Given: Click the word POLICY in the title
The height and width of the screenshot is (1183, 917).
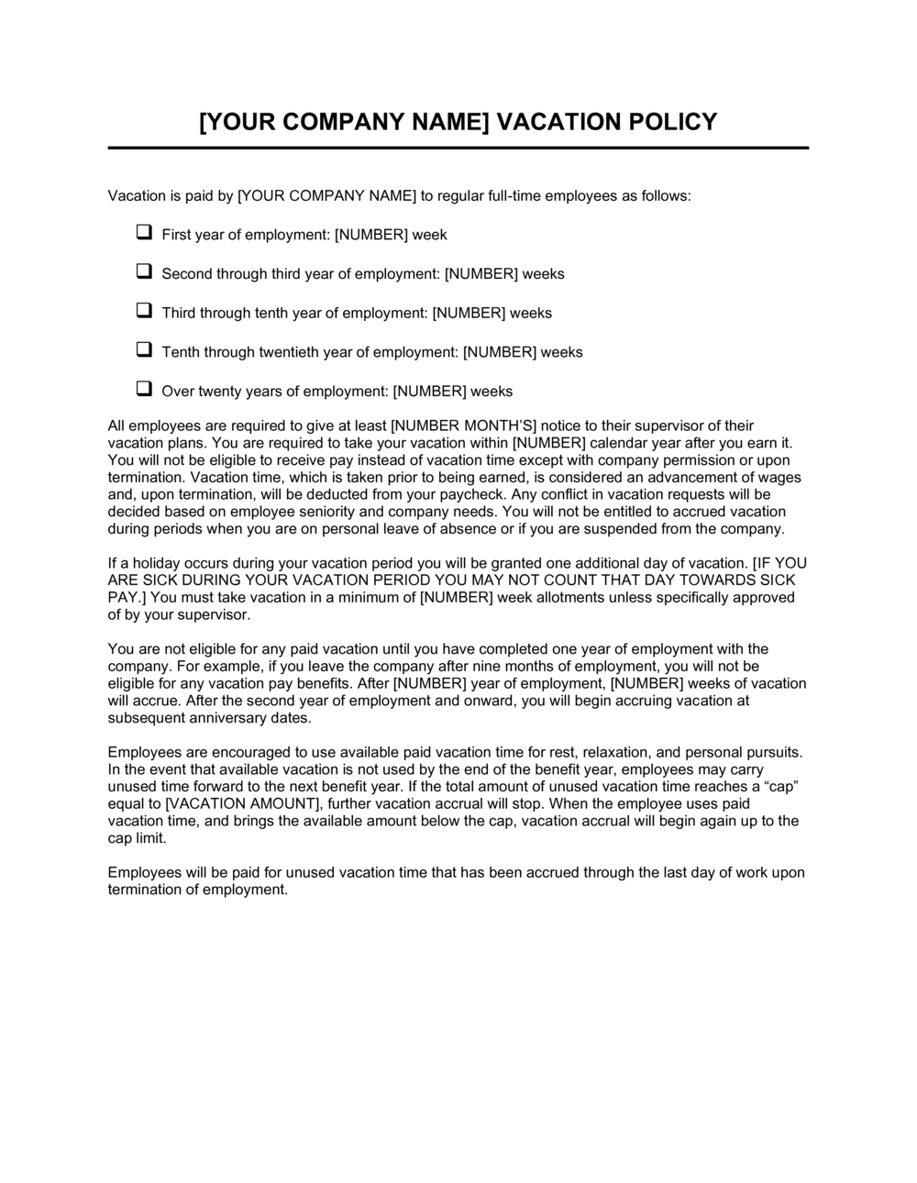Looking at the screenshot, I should pos(674,122).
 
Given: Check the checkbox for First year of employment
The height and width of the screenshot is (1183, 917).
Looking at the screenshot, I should pos(144,233).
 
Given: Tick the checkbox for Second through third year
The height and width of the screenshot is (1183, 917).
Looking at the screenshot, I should pos(144,271).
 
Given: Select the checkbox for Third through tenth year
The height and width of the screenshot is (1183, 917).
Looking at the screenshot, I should pos(144,311).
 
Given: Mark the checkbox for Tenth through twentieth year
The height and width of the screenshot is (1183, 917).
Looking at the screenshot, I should pos(144,350).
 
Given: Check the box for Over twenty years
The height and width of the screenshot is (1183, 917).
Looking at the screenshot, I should pos(144,389).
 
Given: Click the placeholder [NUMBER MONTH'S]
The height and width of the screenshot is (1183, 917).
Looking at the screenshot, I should pos(464,426).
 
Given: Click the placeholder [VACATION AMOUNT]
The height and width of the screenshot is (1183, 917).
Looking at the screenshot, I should pos(243,804).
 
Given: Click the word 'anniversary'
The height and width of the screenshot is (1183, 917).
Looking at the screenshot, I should pos(221,718).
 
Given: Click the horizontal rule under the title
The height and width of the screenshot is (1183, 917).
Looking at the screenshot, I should pos(458,148).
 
